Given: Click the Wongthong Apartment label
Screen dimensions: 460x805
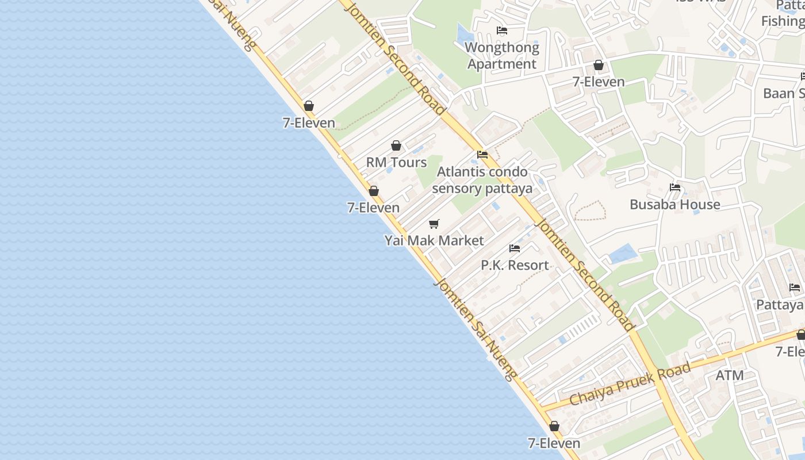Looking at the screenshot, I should click(502, 56).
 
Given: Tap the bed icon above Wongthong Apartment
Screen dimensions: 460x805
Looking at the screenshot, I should click(502, 30).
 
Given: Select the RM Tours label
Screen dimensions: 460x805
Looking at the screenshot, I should click(397, 162).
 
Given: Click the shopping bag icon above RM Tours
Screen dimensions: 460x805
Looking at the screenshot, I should click(396, 145).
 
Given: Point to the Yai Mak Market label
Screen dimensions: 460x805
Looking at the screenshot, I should click(434, 240).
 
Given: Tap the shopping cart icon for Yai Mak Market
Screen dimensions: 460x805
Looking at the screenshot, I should click(434, 224).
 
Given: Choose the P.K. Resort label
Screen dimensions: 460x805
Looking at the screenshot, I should click(515, 265).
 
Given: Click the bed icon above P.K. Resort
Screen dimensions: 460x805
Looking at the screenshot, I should click(515, 248).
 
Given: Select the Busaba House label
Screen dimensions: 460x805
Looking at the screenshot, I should click(674, 204).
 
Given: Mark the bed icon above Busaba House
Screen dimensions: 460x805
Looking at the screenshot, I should click(675, 187).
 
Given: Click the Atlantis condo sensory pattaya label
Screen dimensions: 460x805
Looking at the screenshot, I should click(482, 180).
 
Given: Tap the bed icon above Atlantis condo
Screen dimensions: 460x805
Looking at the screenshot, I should click(482, 155).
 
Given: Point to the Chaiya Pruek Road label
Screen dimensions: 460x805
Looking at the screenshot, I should click(630, 384).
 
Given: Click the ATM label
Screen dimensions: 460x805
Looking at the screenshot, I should click(730, 375).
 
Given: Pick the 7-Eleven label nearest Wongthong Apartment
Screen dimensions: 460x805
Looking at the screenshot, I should click(599, 82).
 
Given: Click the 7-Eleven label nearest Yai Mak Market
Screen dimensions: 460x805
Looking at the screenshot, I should click(373, 208).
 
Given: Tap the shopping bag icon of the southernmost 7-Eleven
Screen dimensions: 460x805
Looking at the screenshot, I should click(554, 426).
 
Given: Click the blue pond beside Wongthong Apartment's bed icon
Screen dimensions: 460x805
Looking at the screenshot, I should click(463, 33).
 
